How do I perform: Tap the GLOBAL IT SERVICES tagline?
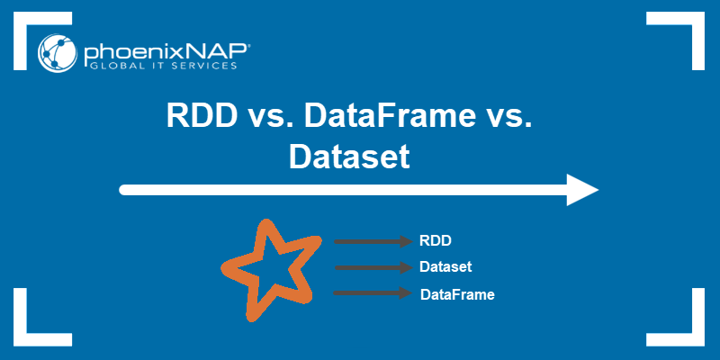coord(160,66)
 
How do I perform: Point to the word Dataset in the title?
coord(349,157)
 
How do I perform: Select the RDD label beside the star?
coord(435,241)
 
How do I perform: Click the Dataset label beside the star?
coord(445,267)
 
